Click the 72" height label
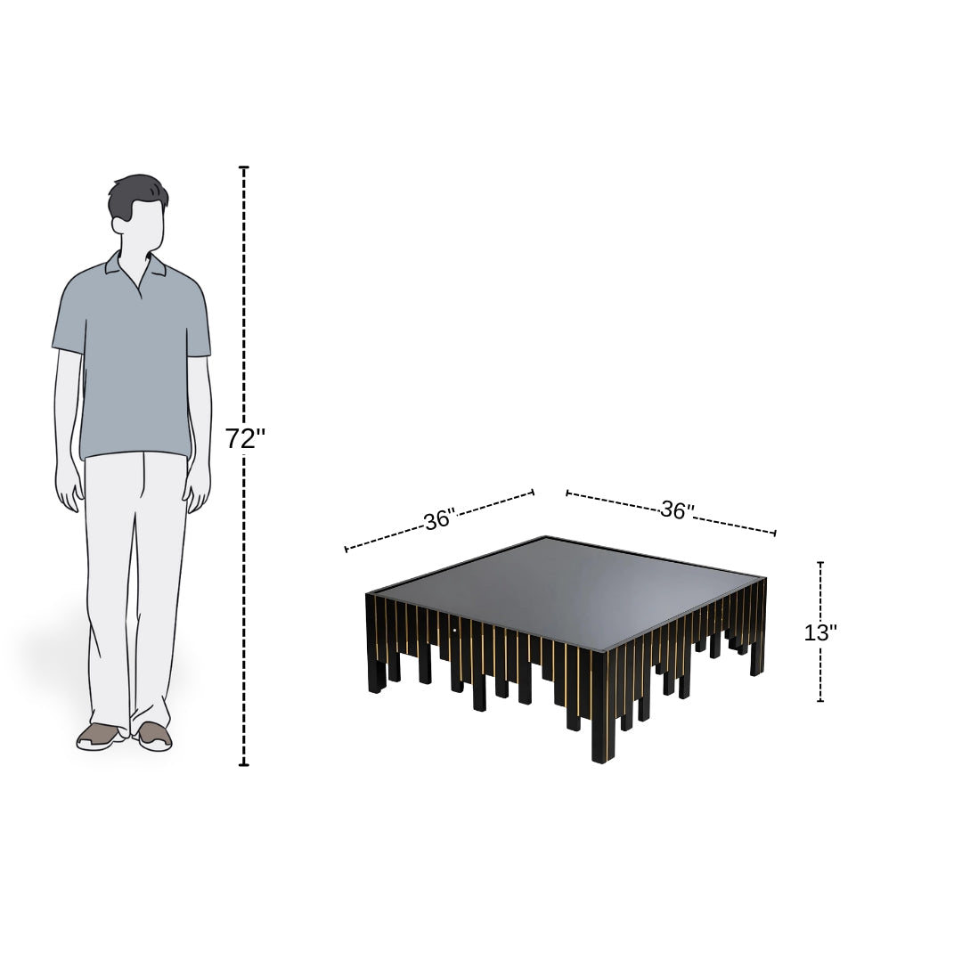244,439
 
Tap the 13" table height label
820,633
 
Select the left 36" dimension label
439,520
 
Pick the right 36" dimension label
677,510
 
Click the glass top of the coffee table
570,588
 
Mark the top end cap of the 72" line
244,167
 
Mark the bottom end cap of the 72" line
244,764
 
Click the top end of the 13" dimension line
820,563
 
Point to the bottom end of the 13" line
820,701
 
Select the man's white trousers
134,579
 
